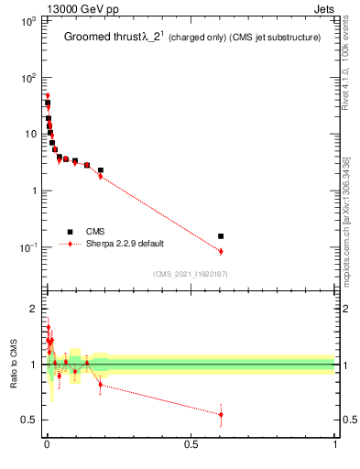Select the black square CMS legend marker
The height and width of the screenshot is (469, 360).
coord(70,232)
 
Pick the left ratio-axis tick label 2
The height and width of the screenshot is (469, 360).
coord(31,308)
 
